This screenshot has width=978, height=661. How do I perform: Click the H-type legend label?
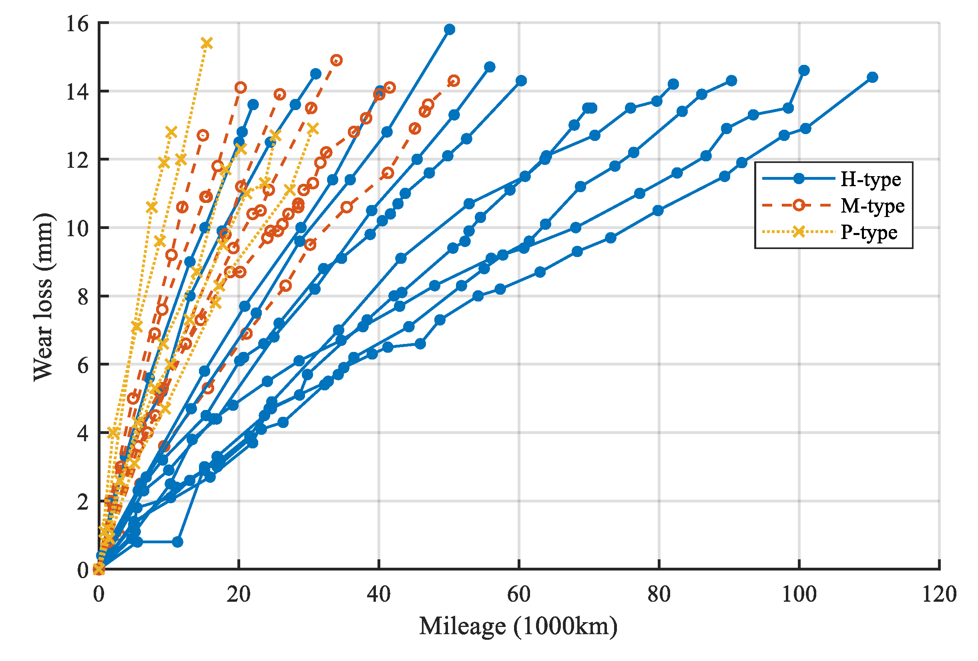tap(870, 180)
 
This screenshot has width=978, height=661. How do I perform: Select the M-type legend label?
tap(872, 206)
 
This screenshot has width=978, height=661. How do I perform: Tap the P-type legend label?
tap(869, 232)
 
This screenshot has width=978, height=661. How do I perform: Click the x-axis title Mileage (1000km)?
tap(518, 626)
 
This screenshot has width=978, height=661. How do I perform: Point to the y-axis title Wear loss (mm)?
tap(43, 297)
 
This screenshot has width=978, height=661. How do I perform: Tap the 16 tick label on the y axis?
tap(77, 24)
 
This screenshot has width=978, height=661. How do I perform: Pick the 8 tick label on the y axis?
tap(83, 297)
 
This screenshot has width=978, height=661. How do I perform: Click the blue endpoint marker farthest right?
tap(872, 77)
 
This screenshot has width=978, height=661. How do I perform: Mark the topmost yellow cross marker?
tap(206, 43)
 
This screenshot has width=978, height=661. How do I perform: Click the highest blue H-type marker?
tap(450, 30)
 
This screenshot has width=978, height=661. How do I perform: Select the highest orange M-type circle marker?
tap(336, 60)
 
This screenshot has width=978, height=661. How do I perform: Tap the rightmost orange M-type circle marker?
tap(454, 81)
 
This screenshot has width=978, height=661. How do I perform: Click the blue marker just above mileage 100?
tap(804, 70)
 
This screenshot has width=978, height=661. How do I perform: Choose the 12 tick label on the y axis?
tap(77, 160)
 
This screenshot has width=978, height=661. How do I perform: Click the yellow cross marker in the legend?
tap(798, 231)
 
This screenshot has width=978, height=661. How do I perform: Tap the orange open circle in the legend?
tap(798, 205)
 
